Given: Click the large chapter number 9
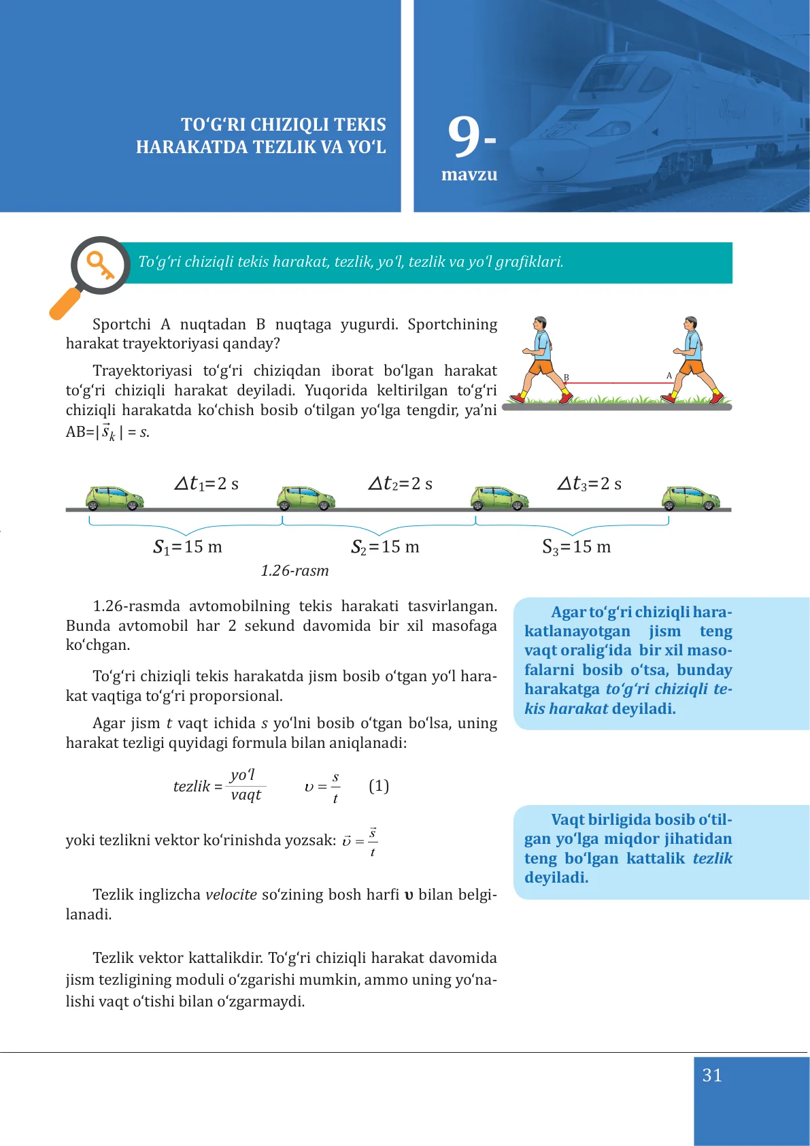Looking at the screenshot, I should coord(465,137).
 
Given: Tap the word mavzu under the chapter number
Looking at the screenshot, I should coord(469,175).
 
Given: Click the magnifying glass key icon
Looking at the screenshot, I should coord(100,265).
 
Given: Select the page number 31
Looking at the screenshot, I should coord(712,1075).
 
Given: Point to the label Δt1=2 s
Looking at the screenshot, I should coord(207,484).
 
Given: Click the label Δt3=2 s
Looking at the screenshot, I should coord(590,484).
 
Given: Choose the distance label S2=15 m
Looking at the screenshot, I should coord(385,546).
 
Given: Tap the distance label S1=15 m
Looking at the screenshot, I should coord(188,546).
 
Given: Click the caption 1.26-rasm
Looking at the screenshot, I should coord(294,570).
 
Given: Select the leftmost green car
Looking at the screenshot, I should coord(114,498).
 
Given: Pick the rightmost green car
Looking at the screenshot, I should coord(690,498).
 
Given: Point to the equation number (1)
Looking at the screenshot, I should coord(379,786).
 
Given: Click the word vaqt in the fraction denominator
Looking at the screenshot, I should coord(246,795).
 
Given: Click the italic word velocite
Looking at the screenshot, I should coord(231,894).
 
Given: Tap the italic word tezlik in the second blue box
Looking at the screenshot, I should coord(712,858).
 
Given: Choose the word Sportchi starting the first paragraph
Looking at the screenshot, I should coord(122,324).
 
